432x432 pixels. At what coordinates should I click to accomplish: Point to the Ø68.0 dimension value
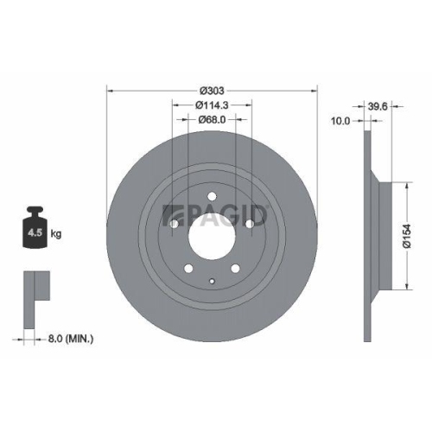[x=212, y=120]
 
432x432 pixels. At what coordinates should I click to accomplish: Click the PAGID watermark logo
[x=216, y=213]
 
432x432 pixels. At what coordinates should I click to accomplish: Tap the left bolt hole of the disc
[x=173, y=224]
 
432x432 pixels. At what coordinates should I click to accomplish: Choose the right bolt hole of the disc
[x=250, y=224]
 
